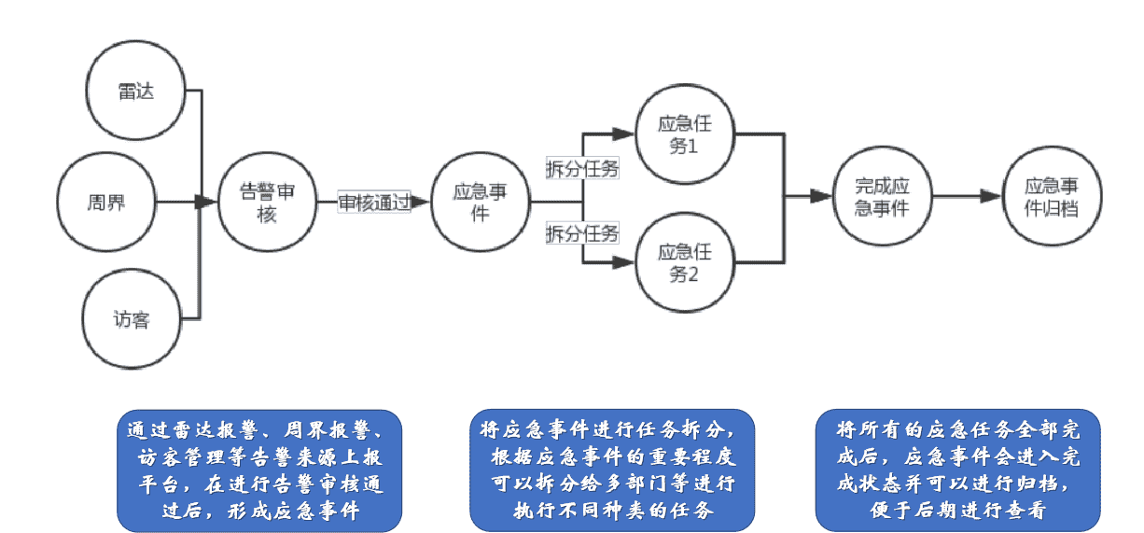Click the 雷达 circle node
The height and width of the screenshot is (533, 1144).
136,91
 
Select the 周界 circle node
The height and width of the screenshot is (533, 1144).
107,202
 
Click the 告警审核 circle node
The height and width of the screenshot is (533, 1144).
264,202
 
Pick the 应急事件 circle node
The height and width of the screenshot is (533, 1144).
480,202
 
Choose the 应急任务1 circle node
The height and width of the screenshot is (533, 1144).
686,133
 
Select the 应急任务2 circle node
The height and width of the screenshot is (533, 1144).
686,263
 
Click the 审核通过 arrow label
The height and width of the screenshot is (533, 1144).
374,203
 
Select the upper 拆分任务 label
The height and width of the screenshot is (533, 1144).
582,168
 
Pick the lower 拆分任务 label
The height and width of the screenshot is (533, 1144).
582,234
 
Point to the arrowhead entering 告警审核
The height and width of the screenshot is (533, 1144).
207,202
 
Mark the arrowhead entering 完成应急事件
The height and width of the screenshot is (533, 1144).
821,197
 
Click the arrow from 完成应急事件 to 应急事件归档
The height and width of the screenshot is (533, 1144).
966,197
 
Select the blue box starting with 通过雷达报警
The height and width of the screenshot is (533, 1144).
259,470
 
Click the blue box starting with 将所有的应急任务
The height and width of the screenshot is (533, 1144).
957,470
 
